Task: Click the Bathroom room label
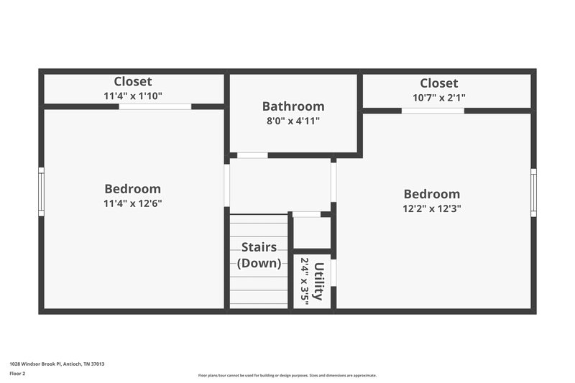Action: [293, 106]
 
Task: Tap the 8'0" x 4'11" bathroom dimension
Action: [293, 121]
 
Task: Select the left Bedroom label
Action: [132, 189]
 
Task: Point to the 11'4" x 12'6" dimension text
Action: [132, 203]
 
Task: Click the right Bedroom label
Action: [431, 194]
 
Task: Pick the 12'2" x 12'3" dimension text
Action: [431, 208]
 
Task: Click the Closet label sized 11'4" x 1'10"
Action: [133, 82]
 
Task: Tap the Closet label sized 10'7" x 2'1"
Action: [438, 83]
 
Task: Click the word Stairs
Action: [259, 248]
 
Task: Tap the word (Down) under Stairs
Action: [259, 263]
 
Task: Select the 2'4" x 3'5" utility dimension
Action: [304, 282]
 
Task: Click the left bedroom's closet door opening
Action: [155, 106]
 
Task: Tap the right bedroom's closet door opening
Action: [432, 110]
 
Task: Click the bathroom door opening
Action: [252, 155]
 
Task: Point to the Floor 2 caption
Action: [17, 374]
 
